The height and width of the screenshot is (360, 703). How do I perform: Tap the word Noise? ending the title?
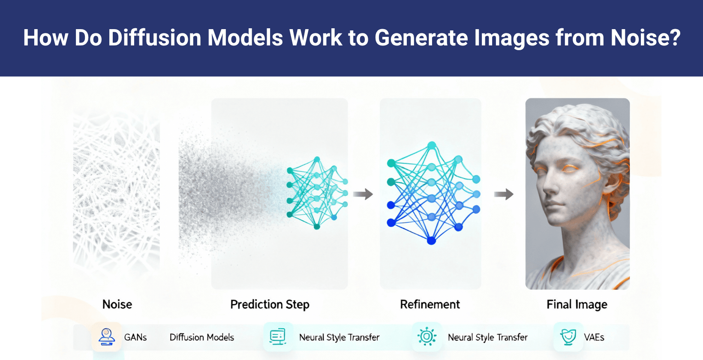(x=645, y=38)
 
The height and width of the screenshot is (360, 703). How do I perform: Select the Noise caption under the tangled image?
(x=117, y=304)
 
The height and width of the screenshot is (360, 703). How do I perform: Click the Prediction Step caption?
(x=270, y=304)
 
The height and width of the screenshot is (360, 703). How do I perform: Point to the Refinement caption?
(x=430, y=304)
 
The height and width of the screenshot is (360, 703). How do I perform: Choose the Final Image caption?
(x=577, y=304)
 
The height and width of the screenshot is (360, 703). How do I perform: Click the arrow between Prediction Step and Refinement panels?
(x=363, y=194)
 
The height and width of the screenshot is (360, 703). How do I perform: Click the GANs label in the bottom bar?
(x=135, y=337)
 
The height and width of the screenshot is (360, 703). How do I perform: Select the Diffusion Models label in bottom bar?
(x=201, y=337)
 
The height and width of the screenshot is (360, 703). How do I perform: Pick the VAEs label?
(x=594, y=337)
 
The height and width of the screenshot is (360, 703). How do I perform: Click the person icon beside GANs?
(x=106, y=337)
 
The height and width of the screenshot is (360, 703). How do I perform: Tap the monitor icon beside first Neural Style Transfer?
(x=278, y=337)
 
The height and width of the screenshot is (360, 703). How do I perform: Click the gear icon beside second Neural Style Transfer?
(x=427, y=337)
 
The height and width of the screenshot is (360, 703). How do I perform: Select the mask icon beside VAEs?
(x=568, y=337)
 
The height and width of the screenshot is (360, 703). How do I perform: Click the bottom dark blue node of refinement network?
(x=431, y=240)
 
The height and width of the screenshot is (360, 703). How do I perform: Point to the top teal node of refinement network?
(x=432, y=146)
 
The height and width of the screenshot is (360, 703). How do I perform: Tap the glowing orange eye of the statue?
(x=570, y=169)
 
